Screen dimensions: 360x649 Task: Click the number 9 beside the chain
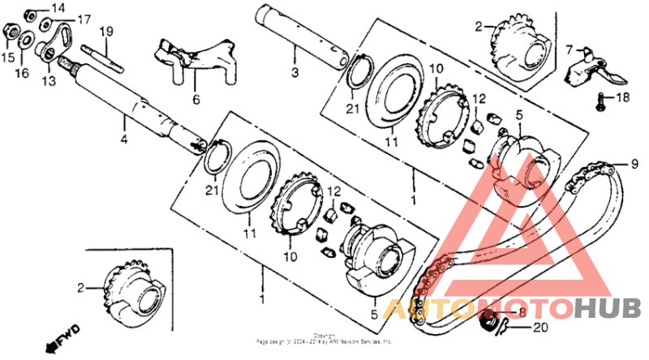[x=625, y=163]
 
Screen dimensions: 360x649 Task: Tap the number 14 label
[x=57, y=7]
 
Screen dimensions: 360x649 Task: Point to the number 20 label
[x=541, y=328]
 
